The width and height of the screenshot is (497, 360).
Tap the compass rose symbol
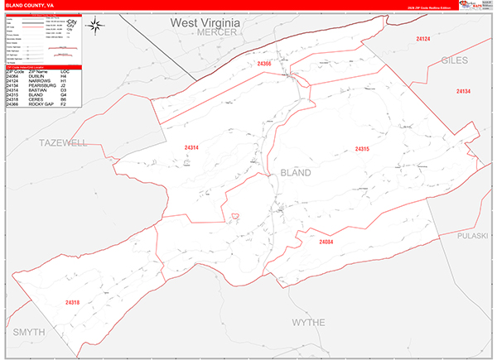(x=96, y=26)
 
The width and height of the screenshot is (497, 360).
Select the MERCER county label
(x=218, y=32)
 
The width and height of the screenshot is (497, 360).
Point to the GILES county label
(x=455, y=60)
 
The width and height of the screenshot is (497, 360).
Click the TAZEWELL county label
(x=62, y=143)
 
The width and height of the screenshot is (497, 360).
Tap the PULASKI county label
(x=475, y=236)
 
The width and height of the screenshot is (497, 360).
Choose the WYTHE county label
(x=308, y=322)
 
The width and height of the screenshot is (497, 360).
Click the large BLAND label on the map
(x=296, y=173)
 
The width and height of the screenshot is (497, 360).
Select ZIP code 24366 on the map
(x=264, y=64)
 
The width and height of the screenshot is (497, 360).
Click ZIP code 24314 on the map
(x=191, y=148)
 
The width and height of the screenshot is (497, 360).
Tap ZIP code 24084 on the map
(x=326, y=242)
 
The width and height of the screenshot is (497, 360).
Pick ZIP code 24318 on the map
(x=72, y=302)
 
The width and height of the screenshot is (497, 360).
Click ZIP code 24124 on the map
(x=422, y=39)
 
